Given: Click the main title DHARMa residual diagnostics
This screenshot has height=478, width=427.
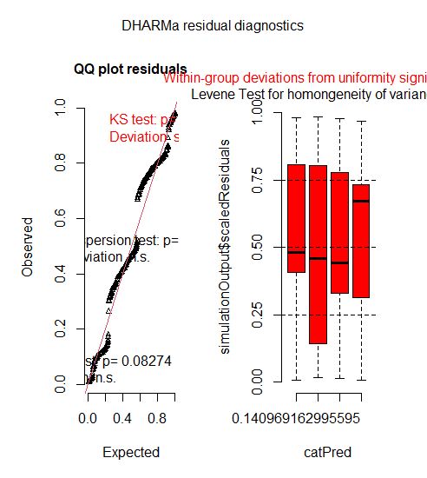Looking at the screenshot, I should (x=213, y=27).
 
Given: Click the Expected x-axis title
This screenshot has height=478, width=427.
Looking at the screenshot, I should (x=130, y=452).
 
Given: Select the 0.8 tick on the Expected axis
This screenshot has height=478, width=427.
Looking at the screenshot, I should (x=157, y=418).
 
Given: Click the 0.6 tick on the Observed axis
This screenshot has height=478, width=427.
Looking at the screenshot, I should (x=60, y=219).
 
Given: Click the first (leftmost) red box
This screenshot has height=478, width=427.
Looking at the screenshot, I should (x=296, y=217).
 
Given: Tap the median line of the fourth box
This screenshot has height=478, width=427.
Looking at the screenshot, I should (x=361, y=201).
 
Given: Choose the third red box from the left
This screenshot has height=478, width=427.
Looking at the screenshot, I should (x=339, y=232).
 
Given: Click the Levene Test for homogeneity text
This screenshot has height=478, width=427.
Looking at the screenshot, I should (x=308, y=94).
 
